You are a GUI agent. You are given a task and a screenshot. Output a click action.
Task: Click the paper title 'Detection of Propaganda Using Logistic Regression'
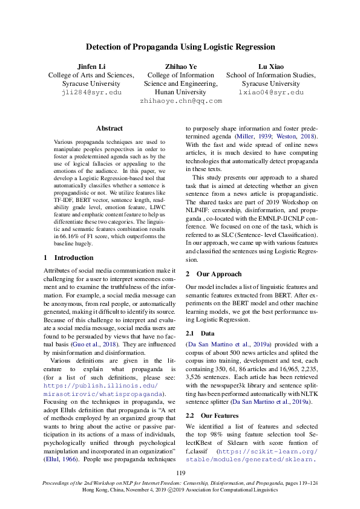(x=180, y=47)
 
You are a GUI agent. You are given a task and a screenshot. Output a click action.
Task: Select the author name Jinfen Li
(x=91, y=66)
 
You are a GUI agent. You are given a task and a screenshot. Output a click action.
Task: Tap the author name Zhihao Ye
(x=180, y=66)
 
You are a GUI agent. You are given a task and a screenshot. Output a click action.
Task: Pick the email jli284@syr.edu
(x=91, y=92)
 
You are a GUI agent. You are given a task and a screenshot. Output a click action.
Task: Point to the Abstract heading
(x=110, y=128)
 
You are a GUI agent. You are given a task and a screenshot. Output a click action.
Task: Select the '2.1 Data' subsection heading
(x=203, y=333)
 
